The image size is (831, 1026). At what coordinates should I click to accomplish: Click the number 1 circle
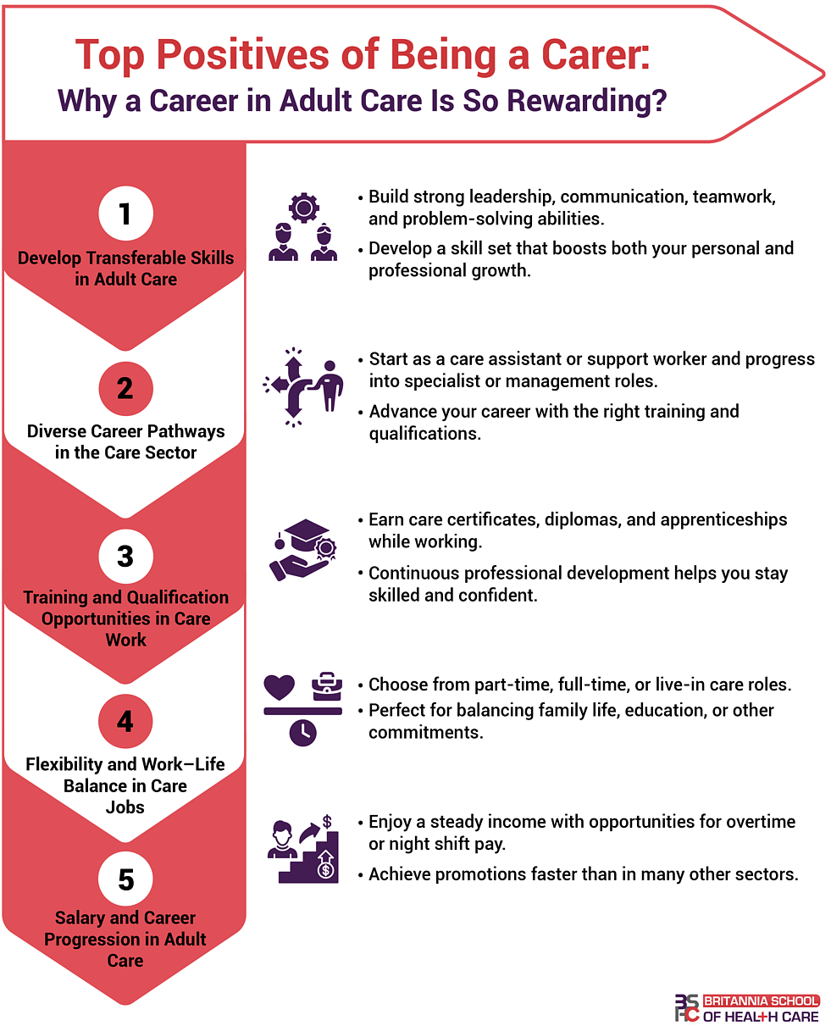[x=125, y=214]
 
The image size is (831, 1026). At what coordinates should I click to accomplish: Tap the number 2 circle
[x=125, y=388]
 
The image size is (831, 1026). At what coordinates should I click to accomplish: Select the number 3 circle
[x=125, y=556]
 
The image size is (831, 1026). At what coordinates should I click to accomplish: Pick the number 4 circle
[x=125, y=722]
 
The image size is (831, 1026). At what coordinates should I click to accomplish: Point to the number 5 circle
[x=125, y=879]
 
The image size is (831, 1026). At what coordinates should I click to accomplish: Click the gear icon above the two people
[x=302, y=208]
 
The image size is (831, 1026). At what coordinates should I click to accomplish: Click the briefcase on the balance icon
[x=326, y=685]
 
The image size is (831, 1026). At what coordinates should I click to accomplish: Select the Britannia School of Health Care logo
[x=746, y=1007]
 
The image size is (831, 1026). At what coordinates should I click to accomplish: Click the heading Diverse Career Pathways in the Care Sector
[x=125, y=441]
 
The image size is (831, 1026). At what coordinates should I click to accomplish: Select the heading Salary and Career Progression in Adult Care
[x=125, y=939]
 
